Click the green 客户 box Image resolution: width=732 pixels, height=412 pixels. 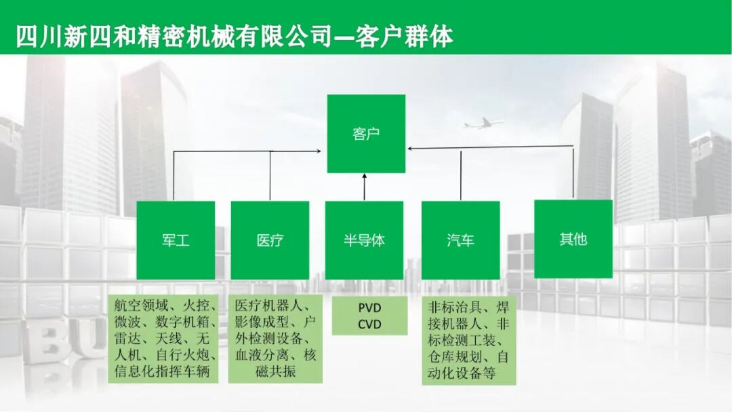tap(366, 134)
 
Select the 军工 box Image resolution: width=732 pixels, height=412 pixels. tap(176, 240)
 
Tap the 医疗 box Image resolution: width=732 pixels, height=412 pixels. tap(270, 240)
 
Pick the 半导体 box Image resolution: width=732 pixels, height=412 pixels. tap(364, 240)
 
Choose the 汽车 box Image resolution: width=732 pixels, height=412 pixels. tap(460, 240)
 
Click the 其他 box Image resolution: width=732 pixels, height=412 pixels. tap(573, 239)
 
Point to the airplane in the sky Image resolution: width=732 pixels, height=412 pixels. tap(483, 124)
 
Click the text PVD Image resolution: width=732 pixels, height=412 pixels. tap(369, 308)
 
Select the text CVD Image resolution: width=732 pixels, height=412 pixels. tap(369, 324)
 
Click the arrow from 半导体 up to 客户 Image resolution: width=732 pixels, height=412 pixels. tap(365, 187)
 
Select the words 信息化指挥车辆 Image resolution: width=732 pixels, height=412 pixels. tap(163, 371)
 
